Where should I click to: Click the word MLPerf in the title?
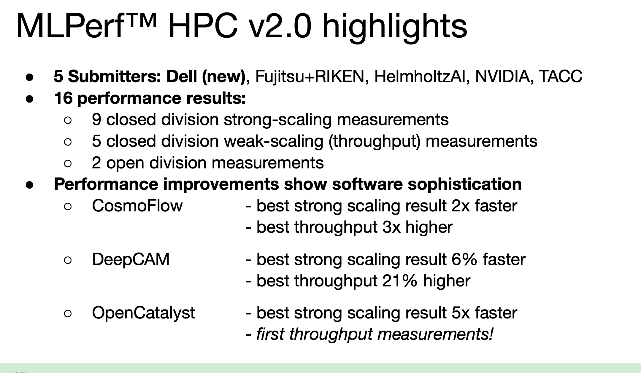[x=70, y=26]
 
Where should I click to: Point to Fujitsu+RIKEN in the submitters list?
[x=310, y=76]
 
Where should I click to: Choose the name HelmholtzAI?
[x=420, y=76]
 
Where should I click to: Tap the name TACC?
[x=560, y=76]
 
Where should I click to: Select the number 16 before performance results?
[x=63, y=98]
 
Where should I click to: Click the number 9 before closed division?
[x=96, y=119]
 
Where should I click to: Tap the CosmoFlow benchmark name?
[x=137, y=206]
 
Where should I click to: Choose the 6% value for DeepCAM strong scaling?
[x=464, y=259]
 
